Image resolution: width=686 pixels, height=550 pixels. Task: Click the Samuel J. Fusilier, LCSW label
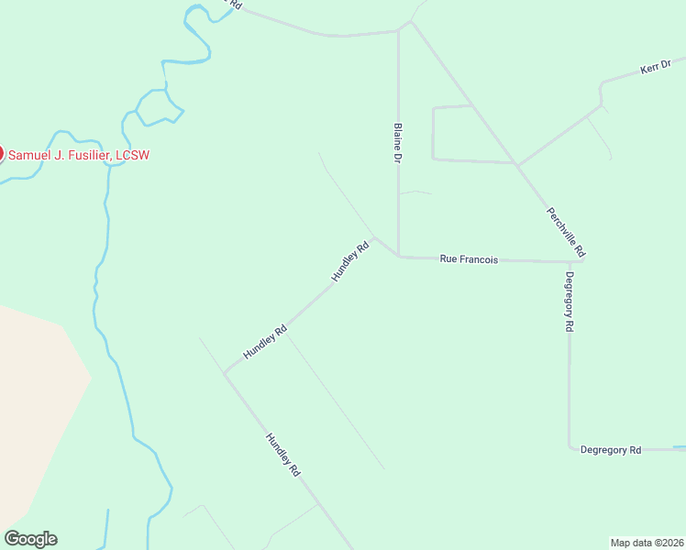(79, 155)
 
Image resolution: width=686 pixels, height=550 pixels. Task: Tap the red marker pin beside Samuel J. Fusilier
(1, 154)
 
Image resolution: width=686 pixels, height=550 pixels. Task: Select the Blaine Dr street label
(398, 144)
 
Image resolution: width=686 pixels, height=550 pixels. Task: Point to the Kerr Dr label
(655, 69)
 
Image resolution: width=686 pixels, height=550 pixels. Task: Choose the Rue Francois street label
(469, 259)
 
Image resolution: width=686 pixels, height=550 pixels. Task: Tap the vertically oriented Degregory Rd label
(570, 302)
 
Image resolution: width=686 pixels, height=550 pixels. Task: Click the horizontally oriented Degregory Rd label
(610, 449)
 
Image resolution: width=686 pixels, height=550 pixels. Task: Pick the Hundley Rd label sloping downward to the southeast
(283, 455)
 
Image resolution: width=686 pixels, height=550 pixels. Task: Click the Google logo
(30, 539)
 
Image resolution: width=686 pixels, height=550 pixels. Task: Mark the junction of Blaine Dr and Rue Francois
(398, 257)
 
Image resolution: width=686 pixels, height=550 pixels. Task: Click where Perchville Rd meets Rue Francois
(581, 261)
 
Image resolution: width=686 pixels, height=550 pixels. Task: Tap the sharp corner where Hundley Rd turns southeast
(225, 372)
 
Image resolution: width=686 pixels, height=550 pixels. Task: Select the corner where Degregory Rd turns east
(570, 447)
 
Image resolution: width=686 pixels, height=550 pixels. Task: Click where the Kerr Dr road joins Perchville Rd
(517, 165)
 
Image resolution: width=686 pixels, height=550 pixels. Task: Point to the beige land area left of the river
(37, 403)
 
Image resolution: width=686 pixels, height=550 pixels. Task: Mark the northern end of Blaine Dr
(398, 31)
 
